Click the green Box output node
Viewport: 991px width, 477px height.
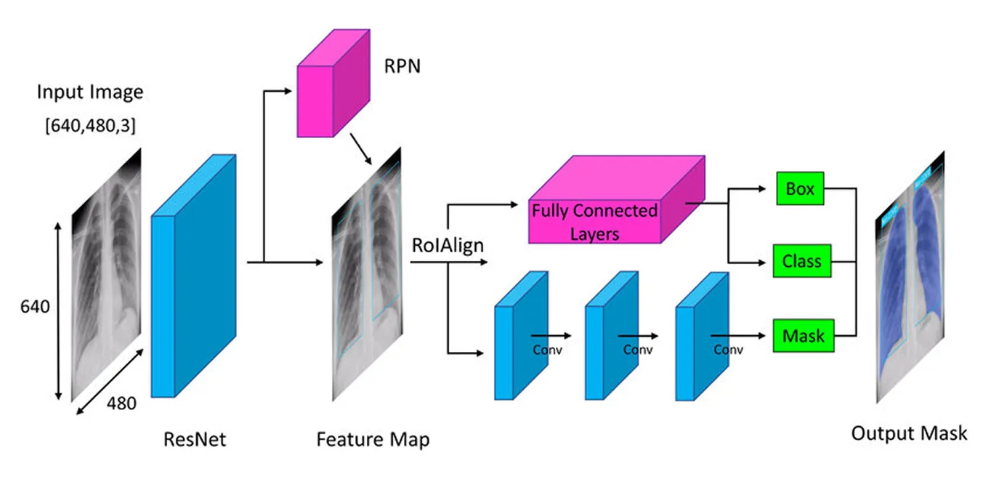point(800,189)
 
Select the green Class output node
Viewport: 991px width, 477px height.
point(801,261)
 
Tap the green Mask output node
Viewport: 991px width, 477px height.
point(803,336)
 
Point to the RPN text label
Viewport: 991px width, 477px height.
point(402,67)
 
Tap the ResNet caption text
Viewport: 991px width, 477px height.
point(195,439)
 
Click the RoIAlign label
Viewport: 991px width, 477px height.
point(448,245)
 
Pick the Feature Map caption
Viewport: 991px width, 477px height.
point(373,439)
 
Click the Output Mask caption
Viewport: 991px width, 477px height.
point(909,433)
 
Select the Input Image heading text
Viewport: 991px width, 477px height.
point(90,92)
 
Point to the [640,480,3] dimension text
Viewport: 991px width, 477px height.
point(90,125)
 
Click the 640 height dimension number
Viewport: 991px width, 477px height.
point(35,307)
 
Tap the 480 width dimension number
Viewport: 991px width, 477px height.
point(121,402)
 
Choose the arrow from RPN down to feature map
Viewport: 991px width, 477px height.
point(361,148)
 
